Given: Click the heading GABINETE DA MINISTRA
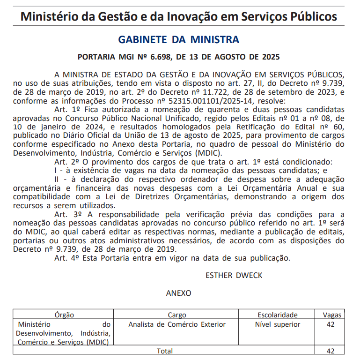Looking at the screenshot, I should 179,39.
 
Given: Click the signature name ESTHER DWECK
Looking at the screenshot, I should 234,275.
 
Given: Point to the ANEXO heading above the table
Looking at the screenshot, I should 178,293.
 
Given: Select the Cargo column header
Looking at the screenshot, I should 176,315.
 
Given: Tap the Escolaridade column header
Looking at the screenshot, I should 278,315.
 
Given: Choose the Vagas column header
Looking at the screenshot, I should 332,315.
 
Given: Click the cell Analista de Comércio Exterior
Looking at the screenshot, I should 176,324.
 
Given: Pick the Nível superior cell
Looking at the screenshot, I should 278,324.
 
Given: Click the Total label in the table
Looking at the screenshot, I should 164,351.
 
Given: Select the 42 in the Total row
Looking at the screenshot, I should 331,351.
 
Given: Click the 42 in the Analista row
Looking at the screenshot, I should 331,324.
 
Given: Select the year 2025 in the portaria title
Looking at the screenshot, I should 271,57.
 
